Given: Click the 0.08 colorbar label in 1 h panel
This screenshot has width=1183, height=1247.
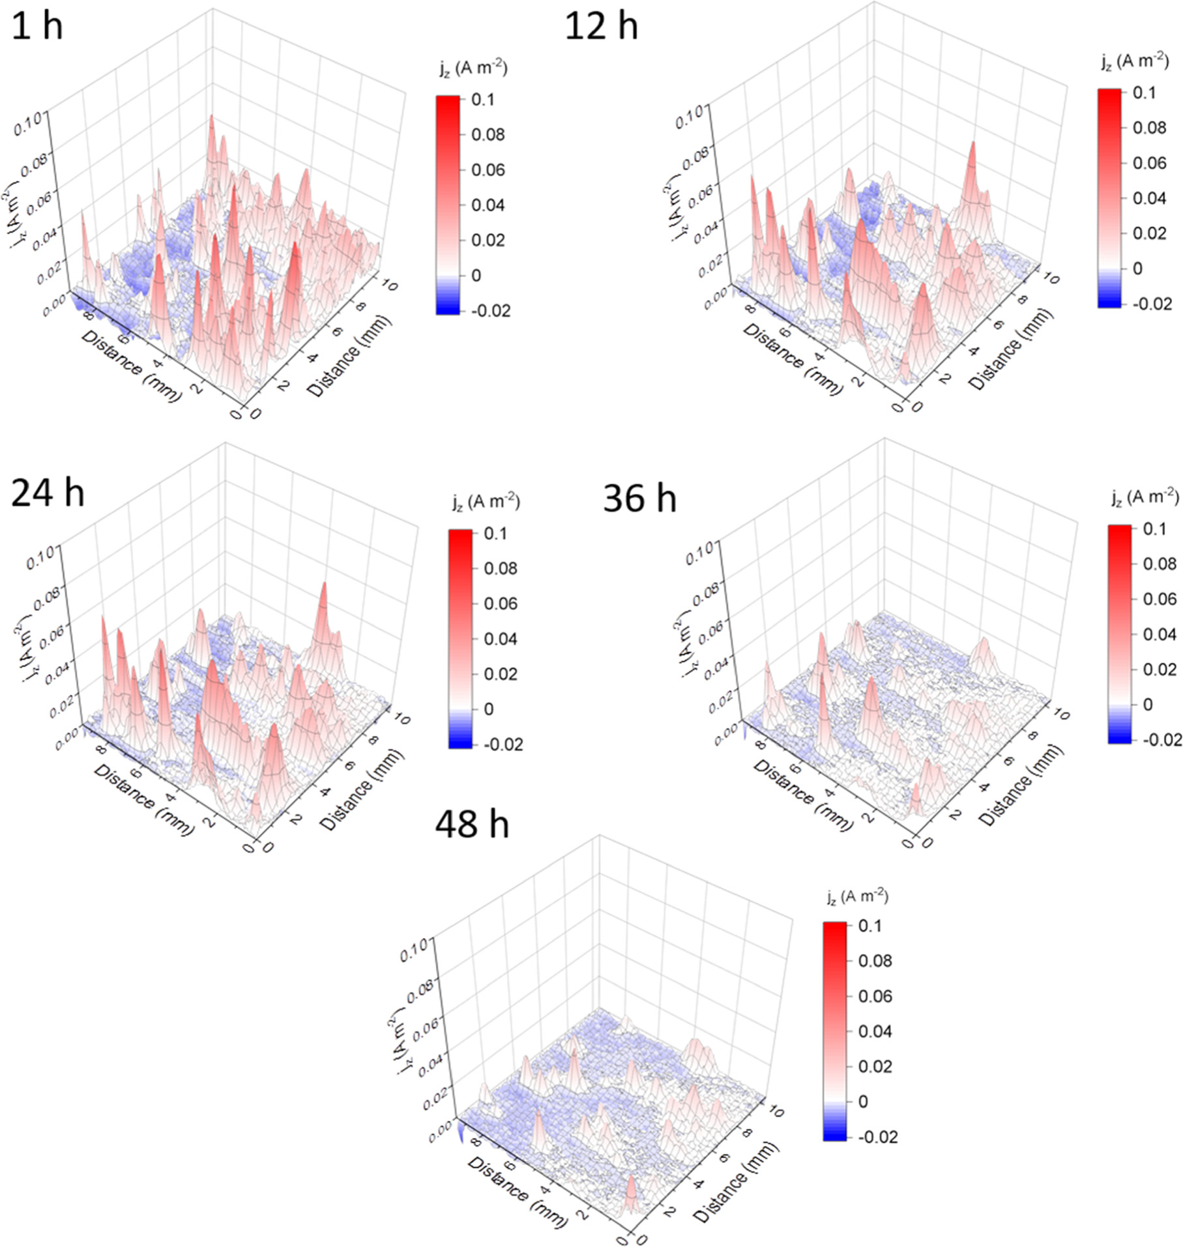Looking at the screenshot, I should pos(488,135).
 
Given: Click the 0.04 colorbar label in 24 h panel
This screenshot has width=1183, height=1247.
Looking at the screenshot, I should pos(500,639).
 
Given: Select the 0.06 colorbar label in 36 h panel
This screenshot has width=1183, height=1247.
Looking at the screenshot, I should pos(1160,598).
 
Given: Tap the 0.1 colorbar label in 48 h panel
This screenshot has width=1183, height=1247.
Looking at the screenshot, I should pos(870,926).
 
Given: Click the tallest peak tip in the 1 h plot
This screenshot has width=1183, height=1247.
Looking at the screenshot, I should pos(211,117).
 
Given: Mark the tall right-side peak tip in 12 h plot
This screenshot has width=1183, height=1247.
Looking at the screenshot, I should pos(972,143).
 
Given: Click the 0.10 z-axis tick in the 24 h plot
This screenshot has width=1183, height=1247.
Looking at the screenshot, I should pos(40,560).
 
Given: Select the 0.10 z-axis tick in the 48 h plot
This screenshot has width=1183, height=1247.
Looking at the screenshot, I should pos(414,954).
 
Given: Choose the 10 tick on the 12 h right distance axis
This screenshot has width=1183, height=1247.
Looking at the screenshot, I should pos(1051,278).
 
